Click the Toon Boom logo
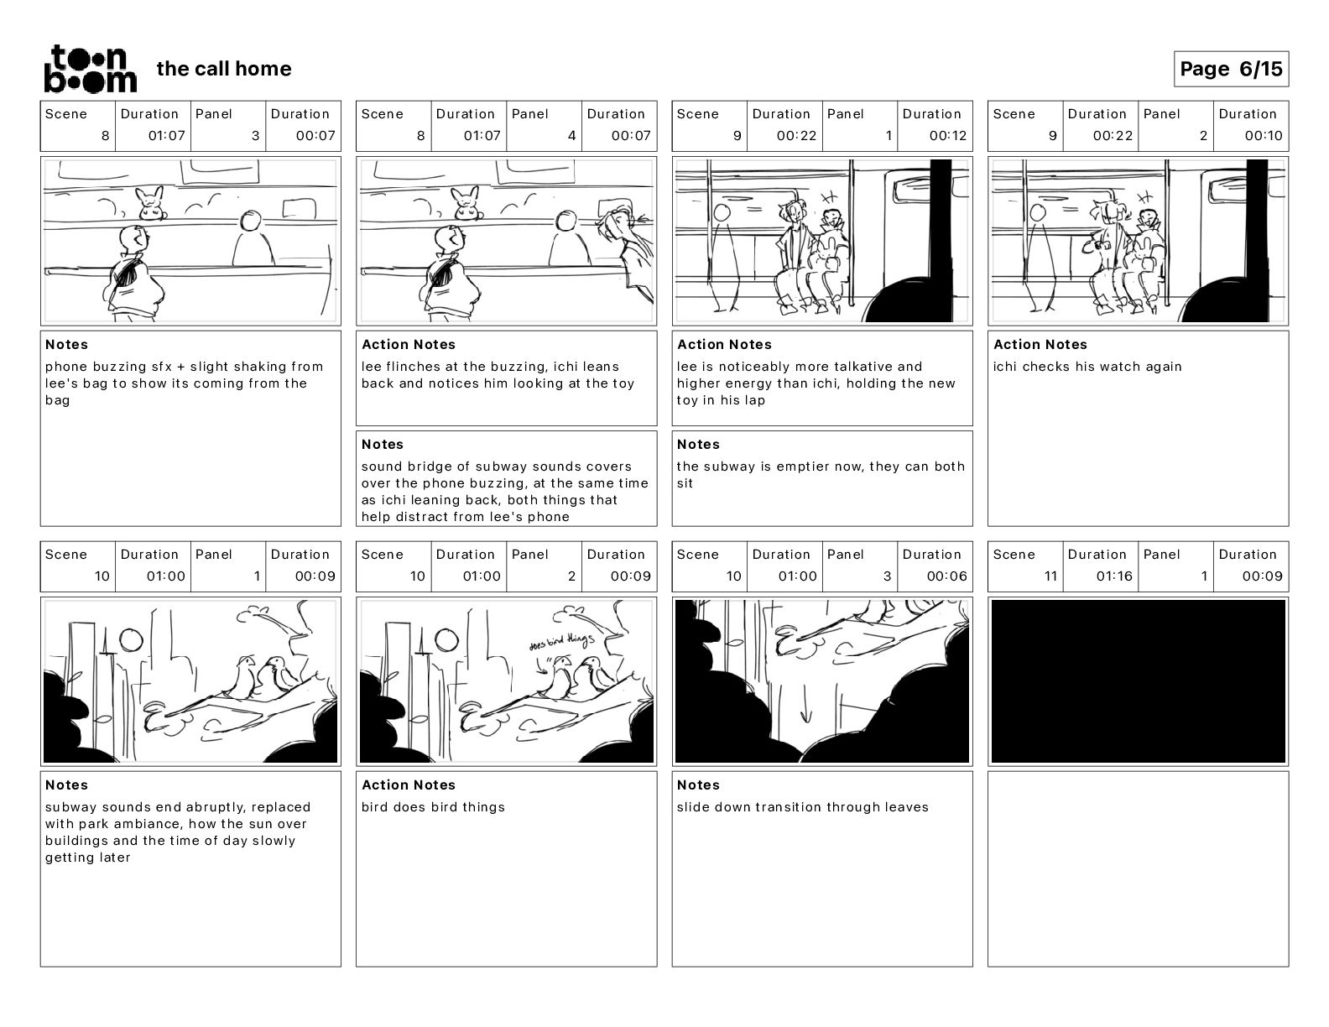point(90,69)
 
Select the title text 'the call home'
point(224,69)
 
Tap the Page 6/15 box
point(1231,69)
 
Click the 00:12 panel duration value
point(947,135)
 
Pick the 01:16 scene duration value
point(1113,576)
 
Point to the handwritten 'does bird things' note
point(560,642)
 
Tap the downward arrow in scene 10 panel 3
point(806,713)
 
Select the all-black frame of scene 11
point(1138,680)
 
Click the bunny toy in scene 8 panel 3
point(152,204)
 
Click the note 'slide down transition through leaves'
point(802,807)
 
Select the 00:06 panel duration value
point(947,576)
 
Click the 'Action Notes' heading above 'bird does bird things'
point(409,785)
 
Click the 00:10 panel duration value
point(1264,135)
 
